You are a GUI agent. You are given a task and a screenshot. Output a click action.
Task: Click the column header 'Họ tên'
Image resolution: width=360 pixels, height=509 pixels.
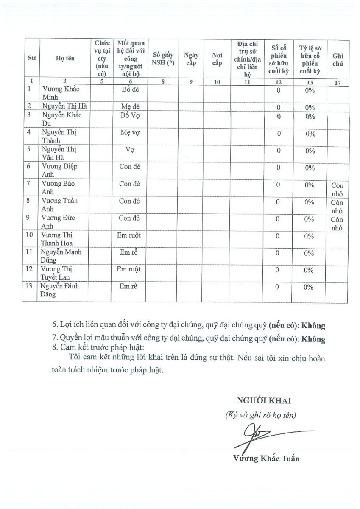(x=65, y=59)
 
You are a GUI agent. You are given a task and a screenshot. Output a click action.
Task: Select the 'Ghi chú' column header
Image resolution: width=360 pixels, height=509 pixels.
(x=338, y=59)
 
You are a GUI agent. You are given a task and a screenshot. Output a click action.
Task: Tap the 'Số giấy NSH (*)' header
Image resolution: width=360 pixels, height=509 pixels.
(x=163, y=59)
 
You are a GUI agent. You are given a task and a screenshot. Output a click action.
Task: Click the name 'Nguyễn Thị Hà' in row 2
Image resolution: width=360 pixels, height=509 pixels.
(x=64, y=106)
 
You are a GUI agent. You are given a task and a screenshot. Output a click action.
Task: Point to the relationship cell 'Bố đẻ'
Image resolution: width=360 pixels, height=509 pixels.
(x=130, y=89)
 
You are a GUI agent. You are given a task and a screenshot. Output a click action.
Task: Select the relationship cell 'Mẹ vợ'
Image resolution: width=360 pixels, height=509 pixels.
(x=130, y=133)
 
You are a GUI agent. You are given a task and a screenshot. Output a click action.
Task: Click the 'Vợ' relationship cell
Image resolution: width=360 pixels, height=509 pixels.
(x=130, y=150)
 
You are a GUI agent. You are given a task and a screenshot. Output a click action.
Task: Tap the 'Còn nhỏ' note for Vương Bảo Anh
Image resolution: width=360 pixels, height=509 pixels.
(x=338, y=190)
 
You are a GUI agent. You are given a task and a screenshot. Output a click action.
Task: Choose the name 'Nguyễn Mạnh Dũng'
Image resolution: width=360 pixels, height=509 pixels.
(x=61, y=256)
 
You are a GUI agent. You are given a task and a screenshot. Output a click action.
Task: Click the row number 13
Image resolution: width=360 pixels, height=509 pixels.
(x=29, y=286)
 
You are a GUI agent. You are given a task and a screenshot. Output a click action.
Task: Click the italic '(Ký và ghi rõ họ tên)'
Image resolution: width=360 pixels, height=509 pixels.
(x=261, y=415)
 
